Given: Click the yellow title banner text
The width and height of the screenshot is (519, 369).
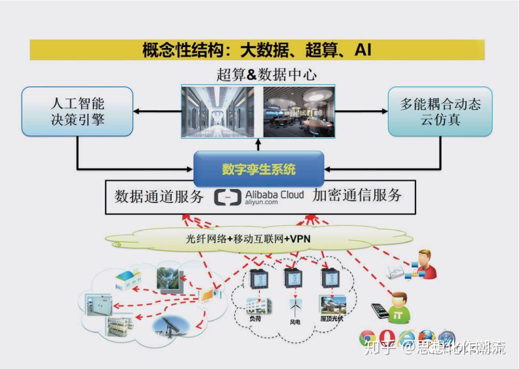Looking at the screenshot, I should point(256,50).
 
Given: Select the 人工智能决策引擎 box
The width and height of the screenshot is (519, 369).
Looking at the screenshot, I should point(78,111).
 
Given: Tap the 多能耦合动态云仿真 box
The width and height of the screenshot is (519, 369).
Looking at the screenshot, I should point(440,111).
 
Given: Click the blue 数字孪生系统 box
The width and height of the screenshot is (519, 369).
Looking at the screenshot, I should point(259,169).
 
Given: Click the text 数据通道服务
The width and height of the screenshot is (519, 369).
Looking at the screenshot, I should point(158,196).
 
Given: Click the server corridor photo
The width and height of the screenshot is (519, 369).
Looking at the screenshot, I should point(221,111).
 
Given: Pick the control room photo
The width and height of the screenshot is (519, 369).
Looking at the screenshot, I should point(298,111).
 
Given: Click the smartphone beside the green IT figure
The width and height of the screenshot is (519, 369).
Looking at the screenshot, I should point(381,310).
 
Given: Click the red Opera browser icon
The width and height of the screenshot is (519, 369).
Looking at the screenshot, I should point(387,337).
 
